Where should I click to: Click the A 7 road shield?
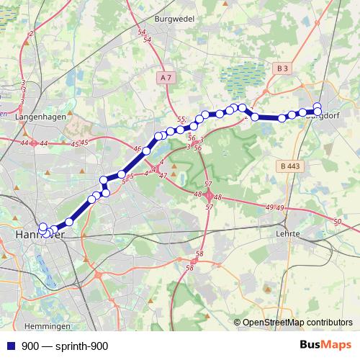click(166, 77)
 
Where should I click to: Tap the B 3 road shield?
click(282, 68)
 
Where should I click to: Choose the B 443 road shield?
click(289, 166)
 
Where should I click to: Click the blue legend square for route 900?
click(12, 346)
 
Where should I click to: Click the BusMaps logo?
click(326, 346)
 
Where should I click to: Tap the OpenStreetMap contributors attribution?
click(297, 323)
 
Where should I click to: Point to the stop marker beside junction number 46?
click(146, 151)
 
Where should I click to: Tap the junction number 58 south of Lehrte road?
click(199, 254)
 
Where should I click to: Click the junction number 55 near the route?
click(181, 119)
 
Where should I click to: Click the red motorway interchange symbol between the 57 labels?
click(209, 195)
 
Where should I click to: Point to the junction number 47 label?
click(163, 176)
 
